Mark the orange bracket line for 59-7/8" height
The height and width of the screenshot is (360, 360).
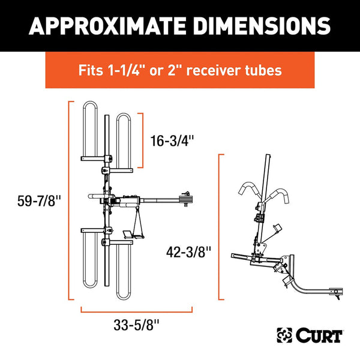pyautogui.click(x=68, y=201)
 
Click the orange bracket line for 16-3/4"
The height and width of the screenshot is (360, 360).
pyautogui.click(x=143, y=140)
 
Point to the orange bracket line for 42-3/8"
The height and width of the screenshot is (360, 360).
pyautogui.click(x=220, y=227)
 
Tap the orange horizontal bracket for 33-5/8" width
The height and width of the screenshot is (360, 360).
pyautogui.click(x=136, y=311)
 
